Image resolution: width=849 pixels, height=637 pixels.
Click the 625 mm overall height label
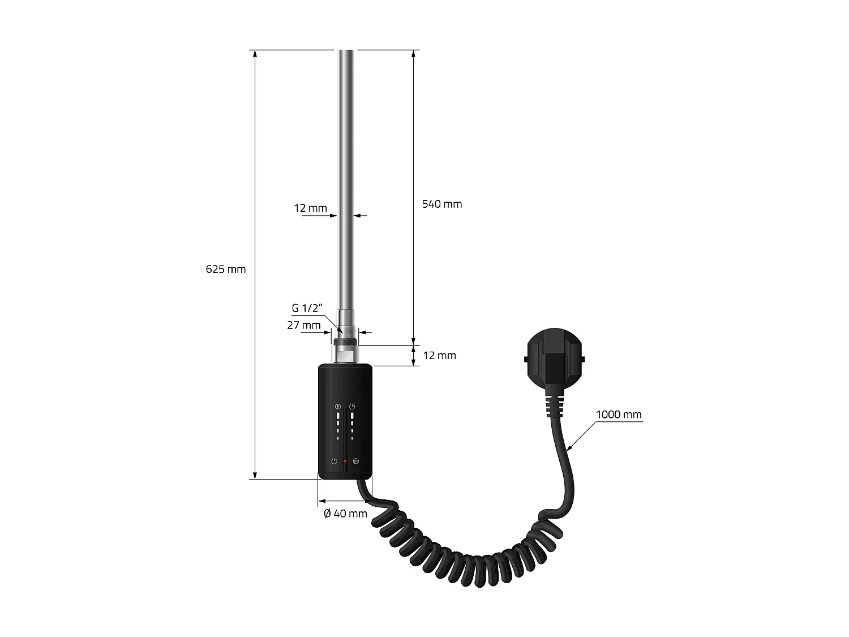pos(226,270)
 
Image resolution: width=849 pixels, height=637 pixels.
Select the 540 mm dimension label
pos(441,204)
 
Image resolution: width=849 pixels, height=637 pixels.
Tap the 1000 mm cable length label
pos(618,414)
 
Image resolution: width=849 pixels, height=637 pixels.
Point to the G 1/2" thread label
pos(307,309)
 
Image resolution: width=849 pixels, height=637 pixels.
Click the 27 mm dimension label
pos(303,325)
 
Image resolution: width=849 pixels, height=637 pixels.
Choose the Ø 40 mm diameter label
pos(345,514)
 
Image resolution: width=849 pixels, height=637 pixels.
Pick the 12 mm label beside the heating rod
pos(310,208)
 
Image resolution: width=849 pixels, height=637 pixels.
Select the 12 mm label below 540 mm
pos(439,356)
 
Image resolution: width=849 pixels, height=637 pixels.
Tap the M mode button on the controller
pos(355,461)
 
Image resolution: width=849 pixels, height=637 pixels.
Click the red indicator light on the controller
pos(345,461)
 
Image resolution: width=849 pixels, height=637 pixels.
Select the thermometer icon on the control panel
pos(338,407)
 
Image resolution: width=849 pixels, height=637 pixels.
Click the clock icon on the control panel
pos(352,407)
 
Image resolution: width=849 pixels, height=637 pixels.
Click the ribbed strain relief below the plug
pos(554,405)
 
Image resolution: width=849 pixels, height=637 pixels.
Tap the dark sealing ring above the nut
pos(345,341)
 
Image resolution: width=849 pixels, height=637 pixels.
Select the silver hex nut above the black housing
pos(345,354)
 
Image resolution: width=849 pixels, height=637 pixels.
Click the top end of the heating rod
pos(346,53)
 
